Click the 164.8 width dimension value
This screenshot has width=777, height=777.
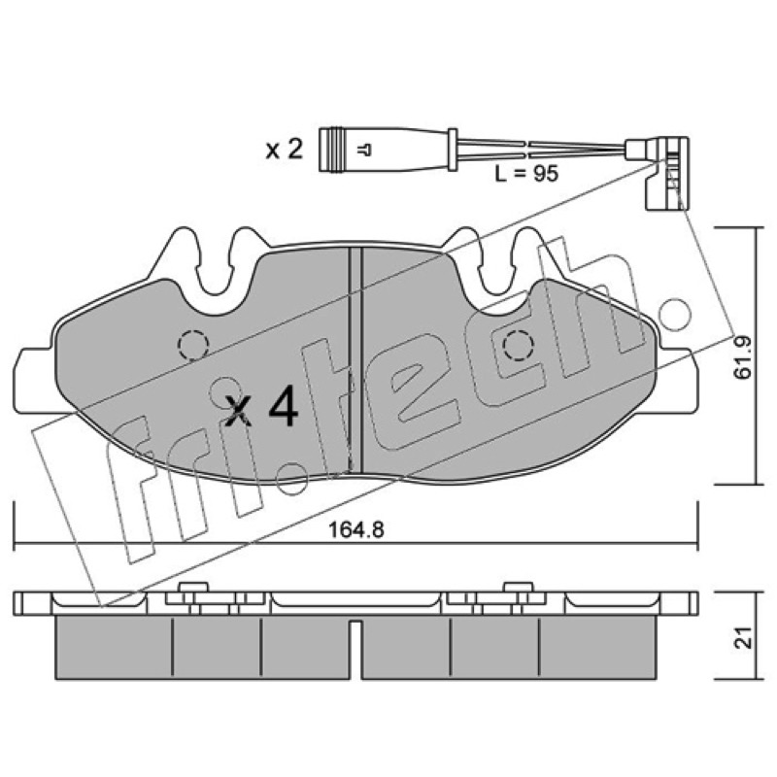356,529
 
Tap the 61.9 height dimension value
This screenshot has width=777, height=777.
742,357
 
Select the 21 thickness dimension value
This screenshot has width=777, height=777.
743,637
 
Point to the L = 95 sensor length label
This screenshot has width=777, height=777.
526,174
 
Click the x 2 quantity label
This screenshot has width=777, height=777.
284,150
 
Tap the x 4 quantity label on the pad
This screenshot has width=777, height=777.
261,408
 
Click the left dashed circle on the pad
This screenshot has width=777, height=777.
192,344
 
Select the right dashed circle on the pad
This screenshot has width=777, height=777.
519,345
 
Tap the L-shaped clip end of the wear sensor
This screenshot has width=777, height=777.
666,171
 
